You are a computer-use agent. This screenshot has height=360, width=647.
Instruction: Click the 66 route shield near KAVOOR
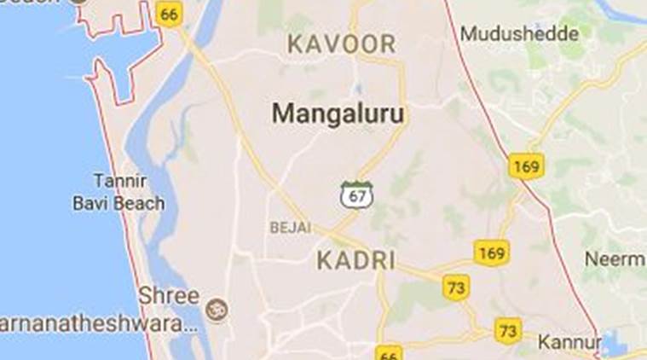click(x=170, y=15)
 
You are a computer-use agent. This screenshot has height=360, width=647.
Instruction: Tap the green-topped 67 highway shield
click(x=355, y=195)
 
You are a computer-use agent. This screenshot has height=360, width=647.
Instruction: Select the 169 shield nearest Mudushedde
click(x=526, y=166)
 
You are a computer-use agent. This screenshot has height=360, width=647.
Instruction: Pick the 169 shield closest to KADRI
click(x=491, y=253)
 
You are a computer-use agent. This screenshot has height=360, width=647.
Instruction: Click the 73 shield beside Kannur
click(x=508, y=329)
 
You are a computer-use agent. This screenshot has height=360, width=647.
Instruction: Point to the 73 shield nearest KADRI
click(x=457, y=287)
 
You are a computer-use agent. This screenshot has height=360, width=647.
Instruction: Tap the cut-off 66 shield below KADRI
click(x=389, y=353)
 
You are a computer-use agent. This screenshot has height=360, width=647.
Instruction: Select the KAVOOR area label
click(x=342, y=44)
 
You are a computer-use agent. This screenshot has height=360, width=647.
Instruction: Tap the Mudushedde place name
click(x=519, y=34)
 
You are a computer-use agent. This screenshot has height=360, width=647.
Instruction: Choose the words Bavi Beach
click(x=118, y=205)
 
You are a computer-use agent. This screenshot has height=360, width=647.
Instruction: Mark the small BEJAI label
click(x=290, y=228)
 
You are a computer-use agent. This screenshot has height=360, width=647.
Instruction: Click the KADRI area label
click(x=356, y=260)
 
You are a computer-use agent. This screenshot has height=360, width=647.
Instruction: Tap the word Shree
click(x=169, y=296)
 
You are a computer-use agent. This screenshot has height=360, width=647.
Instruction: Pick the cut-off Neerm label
click(x=614, y=258)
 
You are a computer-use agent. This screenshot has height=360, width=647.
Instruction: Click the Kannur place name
click(x=569, y=342)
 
